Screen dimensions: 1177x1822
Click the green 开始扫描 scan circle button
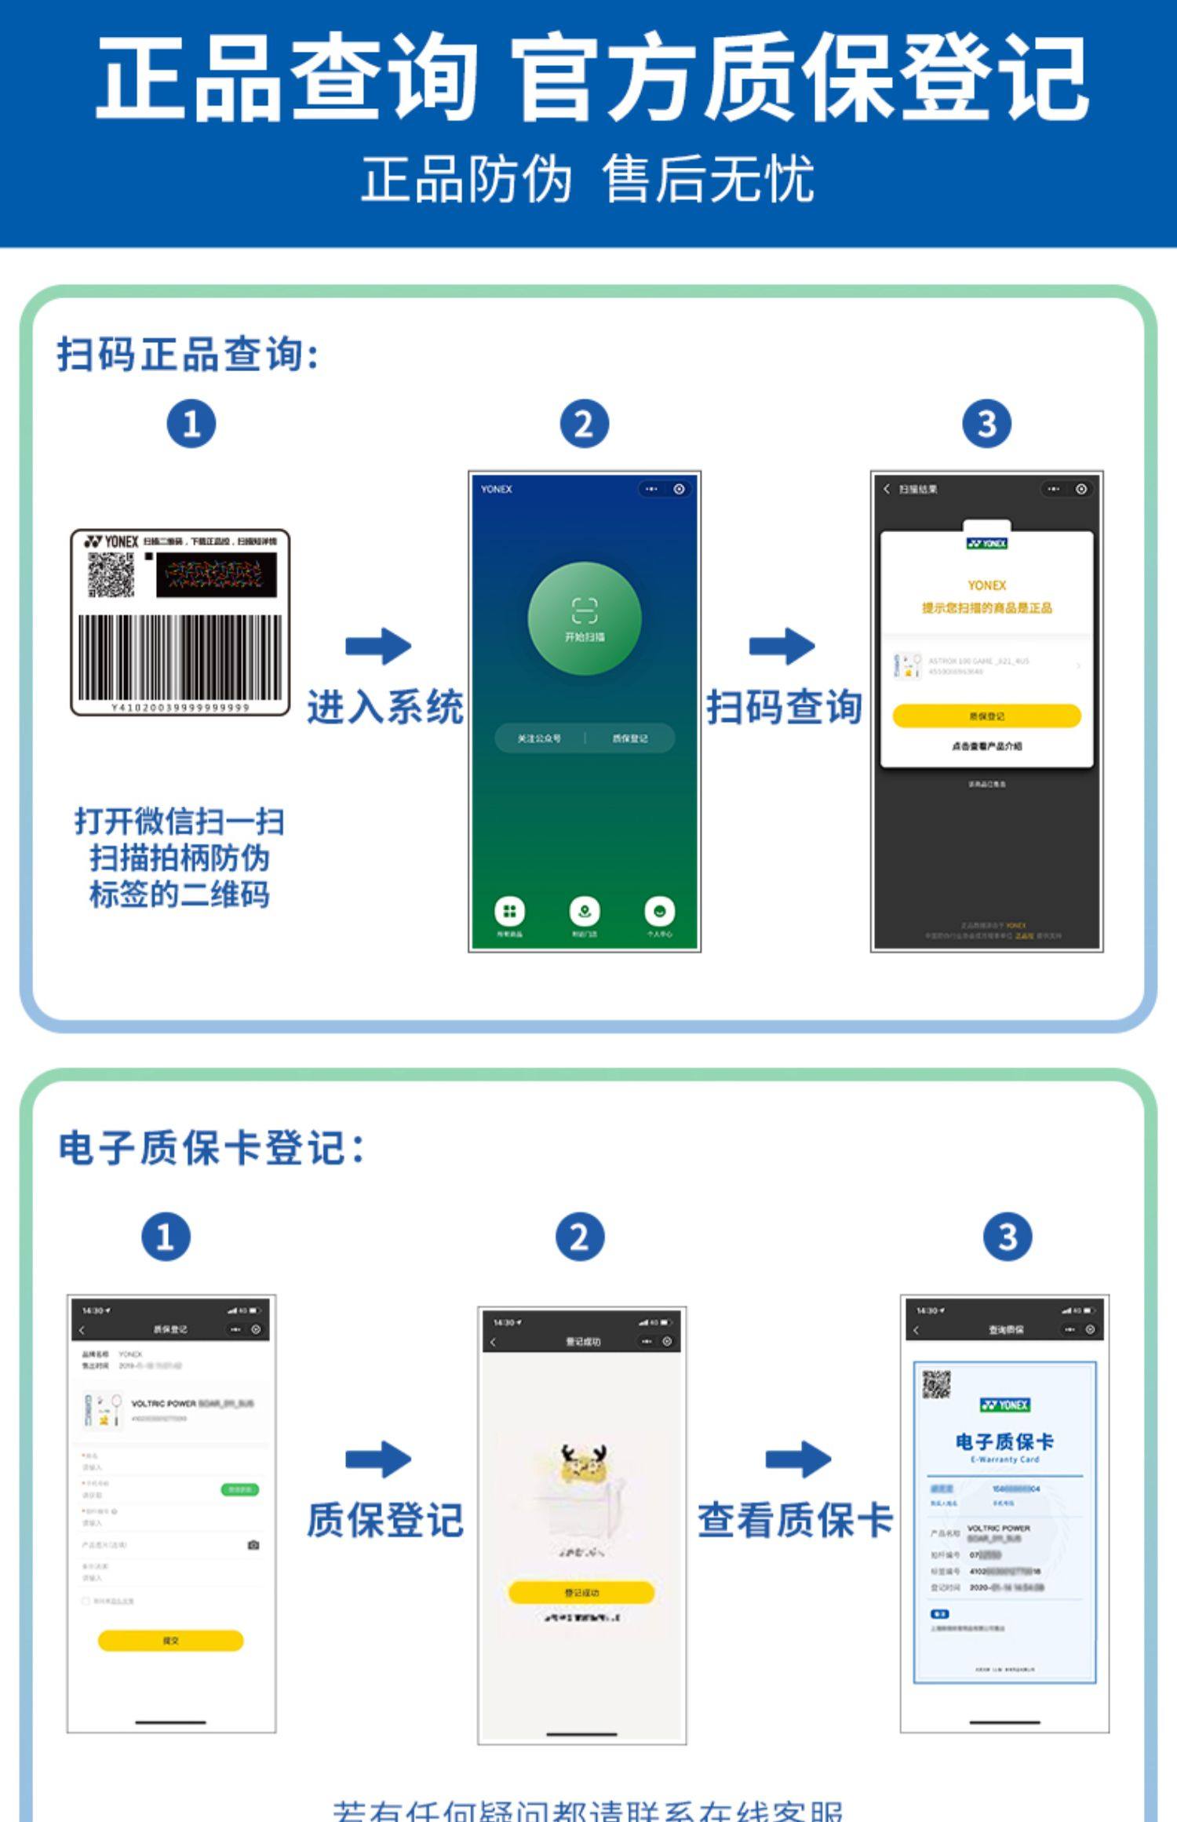click(x=585, y=618)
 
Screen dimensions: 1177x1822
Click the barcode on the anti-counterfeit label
click(x=180, y=658)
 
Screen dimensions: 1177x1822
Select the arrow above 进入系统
click(x=378, y=646)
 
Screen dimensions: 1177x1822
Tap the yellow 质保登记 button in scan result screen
click(x=986, y=716)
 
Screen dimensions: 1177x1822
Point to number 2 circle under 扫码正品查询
click(x=584, y=425)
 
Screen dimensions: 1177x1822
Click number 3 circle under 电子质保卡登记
click(x=1008, y=1237)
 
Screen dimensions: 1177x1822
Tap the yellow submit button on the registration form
click(x=170, y=1640)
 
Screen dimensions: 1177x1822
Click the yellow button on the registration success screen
click(x=581, y=1592)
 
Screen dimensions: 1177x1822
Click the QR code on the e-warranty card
click(x=936, y=1385)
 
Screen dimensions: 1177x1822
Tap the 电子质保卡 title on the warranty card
click(x=1004, y=1441)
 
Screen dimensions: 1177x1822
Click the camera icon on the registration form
click(x=253, y=1545)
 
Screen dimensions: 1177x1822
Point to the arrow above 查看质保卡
click(x=798, y=1459)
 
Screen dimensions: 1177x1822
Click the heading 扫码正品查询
click(x=188, y=355)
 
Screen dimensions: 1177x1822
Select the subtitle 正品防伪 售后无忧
click(x=587, y=180)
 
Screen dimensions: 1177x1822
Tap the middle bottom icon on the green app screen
click(x=584, y=912)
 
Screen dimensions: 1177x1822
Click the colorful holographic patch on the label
click(x=217, y=575)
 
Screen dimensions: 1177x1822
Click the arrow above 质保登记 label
click(x=378, y=1459)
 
